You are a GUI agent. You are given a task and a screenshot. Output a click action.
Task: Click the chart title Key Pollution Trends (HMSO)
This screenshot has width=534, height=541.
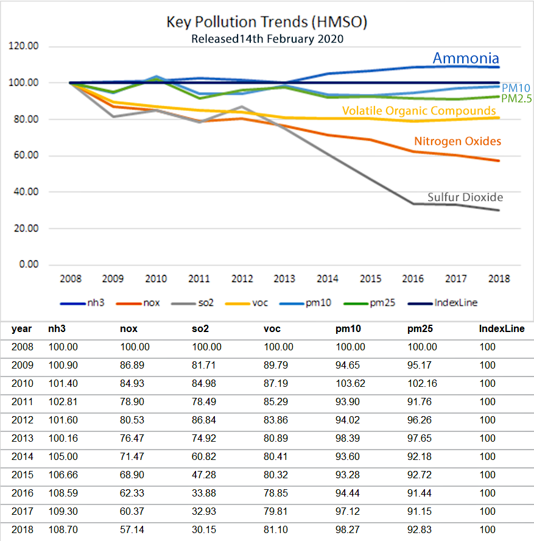(267, 23)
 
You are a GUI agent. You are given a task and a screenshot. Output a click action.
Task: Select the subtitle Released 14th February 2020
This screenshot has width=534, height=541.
(267, 39)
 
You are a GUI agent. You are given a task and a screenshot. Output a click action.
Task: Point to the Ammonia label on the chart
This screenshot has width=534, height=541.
(466, 58)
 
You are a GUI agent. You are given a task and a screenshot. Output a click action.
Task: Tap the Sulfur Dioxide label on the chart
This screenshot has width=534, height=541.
(465, 197)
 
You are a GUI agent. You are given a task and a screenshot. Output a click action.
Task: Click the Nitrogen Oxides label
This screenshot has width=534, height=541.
(457, 141)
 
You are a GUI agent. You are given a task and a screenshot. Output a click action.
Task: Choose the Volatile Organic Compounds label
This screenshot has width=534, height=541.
(419, 111)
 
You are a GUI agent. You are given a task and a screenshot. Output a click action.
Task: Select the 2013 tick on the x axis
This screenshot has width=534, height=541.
(284, 279)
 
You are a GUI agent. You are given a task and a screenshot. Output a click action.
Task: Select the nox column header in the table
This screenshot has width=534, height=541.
(129, 329)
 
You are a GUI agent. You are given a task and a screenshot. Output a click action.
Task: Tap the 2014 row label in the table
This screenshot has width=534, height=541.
(22, 456)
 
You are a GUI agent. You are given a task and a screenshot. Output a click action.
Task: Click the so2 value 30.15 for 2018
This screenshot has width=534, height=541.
(204, 529)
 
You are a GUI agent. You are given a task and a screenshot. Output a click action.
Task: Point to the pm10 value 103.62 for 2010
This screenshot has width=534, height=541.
(351, 383)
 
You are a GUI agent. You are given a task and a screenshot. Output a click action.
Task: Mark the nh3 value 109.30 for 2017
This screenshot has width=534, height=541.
(61, 511)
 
